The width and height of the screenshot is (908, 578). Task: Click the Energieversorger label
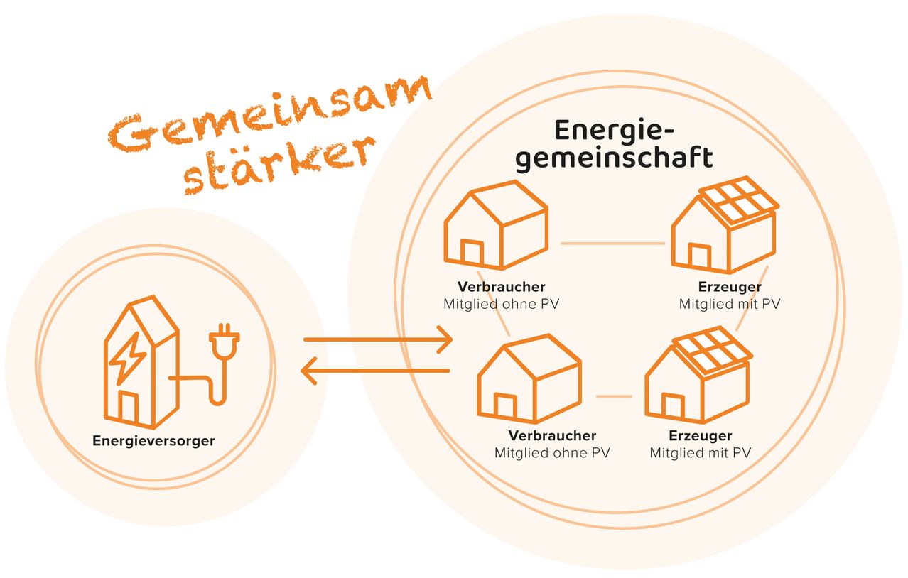153,441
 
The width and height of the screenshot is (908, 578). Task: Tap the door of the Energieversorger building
128,406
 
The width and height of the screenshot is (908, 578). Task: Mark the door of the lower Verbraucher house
505,406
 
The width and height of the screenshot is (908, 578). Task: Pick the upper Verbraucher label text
502,287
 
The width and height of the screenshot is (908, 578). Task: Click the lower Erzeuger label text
700,435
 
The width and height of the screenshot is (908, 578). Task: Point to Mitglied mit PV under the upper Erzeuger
729,304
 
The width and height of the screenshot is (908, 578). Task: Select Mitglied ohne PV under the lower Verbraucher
552,452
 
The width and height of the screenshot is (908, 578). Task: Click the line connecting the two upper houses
612,244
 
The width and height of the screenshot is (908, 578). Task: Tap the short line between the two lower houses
614,396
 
